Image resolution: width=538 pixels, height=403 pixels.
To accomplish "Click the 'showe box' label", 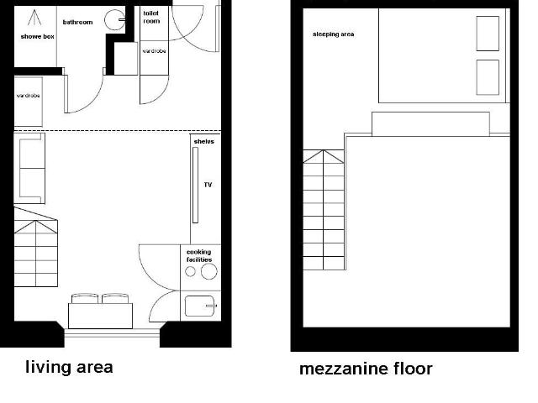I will [36, 38].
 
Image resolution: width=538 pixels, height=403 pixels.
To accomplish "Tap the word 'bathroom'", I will [77, 23].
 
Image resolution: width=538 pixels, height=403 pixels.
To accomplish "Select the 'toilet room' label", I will [152, 18].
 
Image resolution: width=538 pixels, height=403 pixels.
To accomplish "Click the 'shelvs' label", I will [203, 142].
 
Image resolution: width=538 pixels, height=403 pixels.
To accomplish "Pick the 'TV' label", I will [207, 184].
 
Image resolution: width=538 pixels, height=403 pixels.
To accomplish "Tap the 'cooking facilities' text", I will [199, 256].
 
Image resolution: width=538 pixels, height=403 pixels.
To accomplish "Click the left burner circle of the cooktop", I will [190, 272].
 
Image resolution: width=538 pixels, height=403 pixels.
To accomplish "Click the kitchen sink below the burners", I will [200, 306].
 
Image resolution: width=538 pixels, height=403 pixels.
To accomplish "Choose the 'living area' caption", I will [69, 367].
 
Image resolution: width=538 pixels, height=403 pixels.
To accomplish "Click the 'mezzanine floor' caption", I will [366, 369].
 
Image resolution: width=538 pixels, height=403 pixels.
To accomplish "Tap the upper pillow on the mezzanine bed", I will [488, 34].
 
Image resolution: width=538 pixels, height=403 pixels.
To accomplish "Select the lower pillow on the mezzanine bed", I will [488, 77].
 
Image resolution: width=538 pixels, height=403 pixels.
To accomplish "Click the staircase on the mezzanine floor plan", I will [324, 210].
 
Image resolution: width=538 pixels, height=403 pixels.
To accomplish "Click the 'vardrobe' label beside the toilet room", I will [154, 51].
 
